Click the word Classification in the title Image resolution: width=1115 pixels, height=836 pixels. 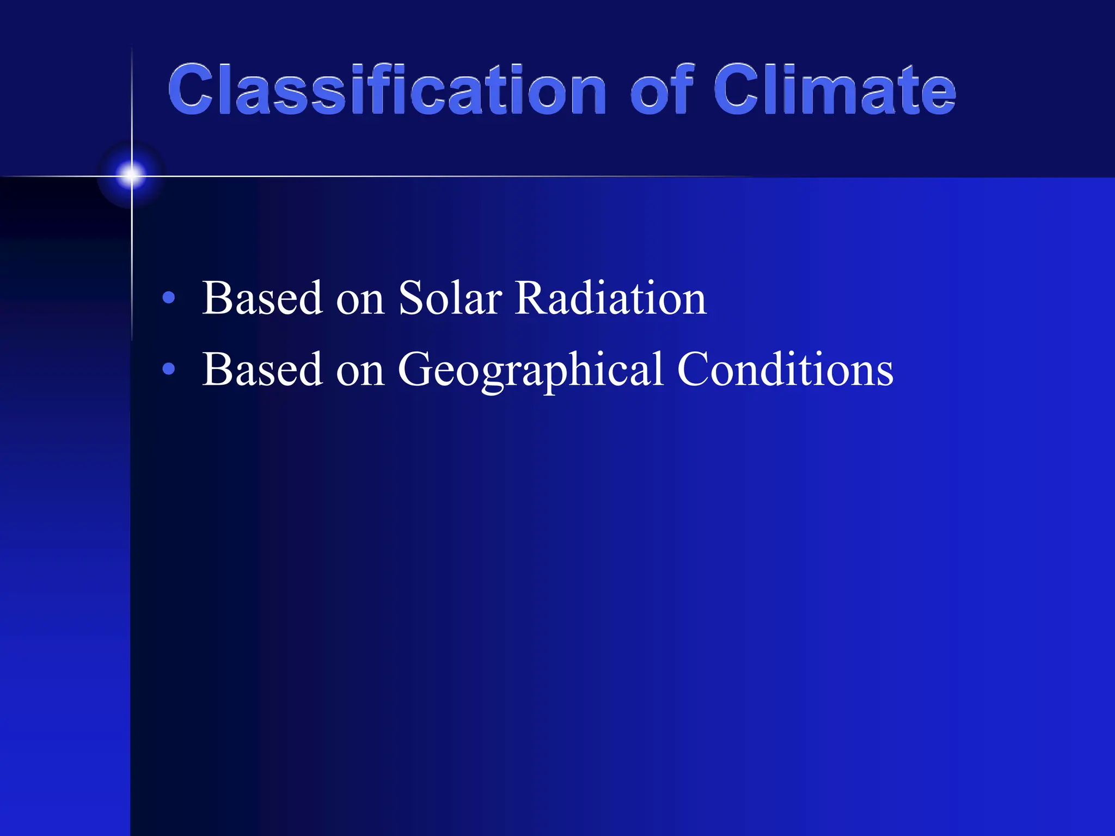point(387,90)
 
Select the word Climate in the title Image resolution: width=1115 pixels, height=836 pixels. point(835,90)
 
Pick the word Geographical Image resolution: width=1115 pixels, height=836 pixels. point(531,370)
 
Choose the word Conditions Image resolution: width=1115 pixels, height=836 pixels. point(785,370)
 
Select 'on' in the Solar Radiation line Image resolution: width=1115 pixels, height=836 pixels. point(360,302)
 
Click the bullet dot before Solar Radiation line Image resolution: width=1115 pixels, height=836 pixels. point(169,298)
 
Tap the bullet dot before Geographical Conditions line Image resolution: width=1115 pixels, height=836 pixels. point(169,370)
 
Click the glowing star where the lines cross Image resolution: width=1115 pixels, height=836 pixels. point(131,175)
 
